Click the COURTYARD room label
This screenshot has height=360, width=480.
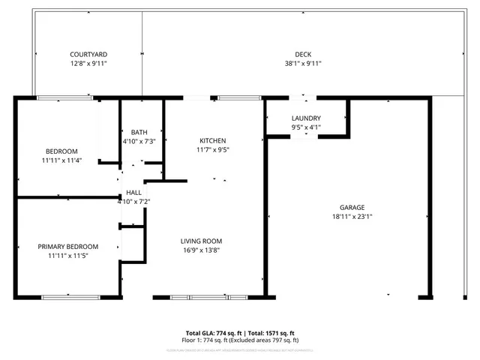coord(88,55)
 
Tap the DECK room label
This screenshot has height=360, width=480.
coord(303,54)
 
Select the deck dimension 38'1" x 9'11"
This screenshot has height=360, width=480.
coord(303,64)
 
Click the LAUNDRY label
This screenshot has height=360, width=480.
coord(306,118)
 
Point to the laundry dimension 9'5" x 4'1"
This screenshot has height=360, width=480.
coord(306,127)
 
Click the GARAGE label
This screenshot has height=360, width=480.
coord(352,208)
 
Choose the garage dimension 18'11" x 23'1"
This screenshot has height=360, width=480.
coord(352,217)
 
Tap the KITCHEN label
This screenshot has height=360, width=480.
coord(212,141)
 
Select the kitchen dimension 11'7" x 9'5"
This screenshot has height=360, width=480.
coord(212,150)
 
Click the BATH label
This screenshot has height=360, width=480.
coord(139,132)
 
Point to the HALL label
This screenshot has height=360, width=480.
coord(133,193)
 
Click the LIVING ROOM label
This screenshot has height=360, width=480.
coord(199,241)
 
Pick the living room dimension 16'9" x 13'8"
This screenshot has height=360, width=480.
coord(199,250)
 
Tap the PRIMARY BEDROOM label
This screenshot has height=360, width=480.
coord(68,247)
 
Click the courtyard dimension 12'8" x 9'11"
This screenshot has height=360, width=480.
coord(88,64)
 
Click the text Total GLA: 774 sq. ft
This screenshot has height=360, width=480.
coord(211,333)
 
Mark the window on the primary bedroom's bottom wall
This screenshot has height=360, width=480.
coord(70,298)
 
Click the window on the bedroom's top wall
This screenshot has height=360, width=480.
coord(64,97)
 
